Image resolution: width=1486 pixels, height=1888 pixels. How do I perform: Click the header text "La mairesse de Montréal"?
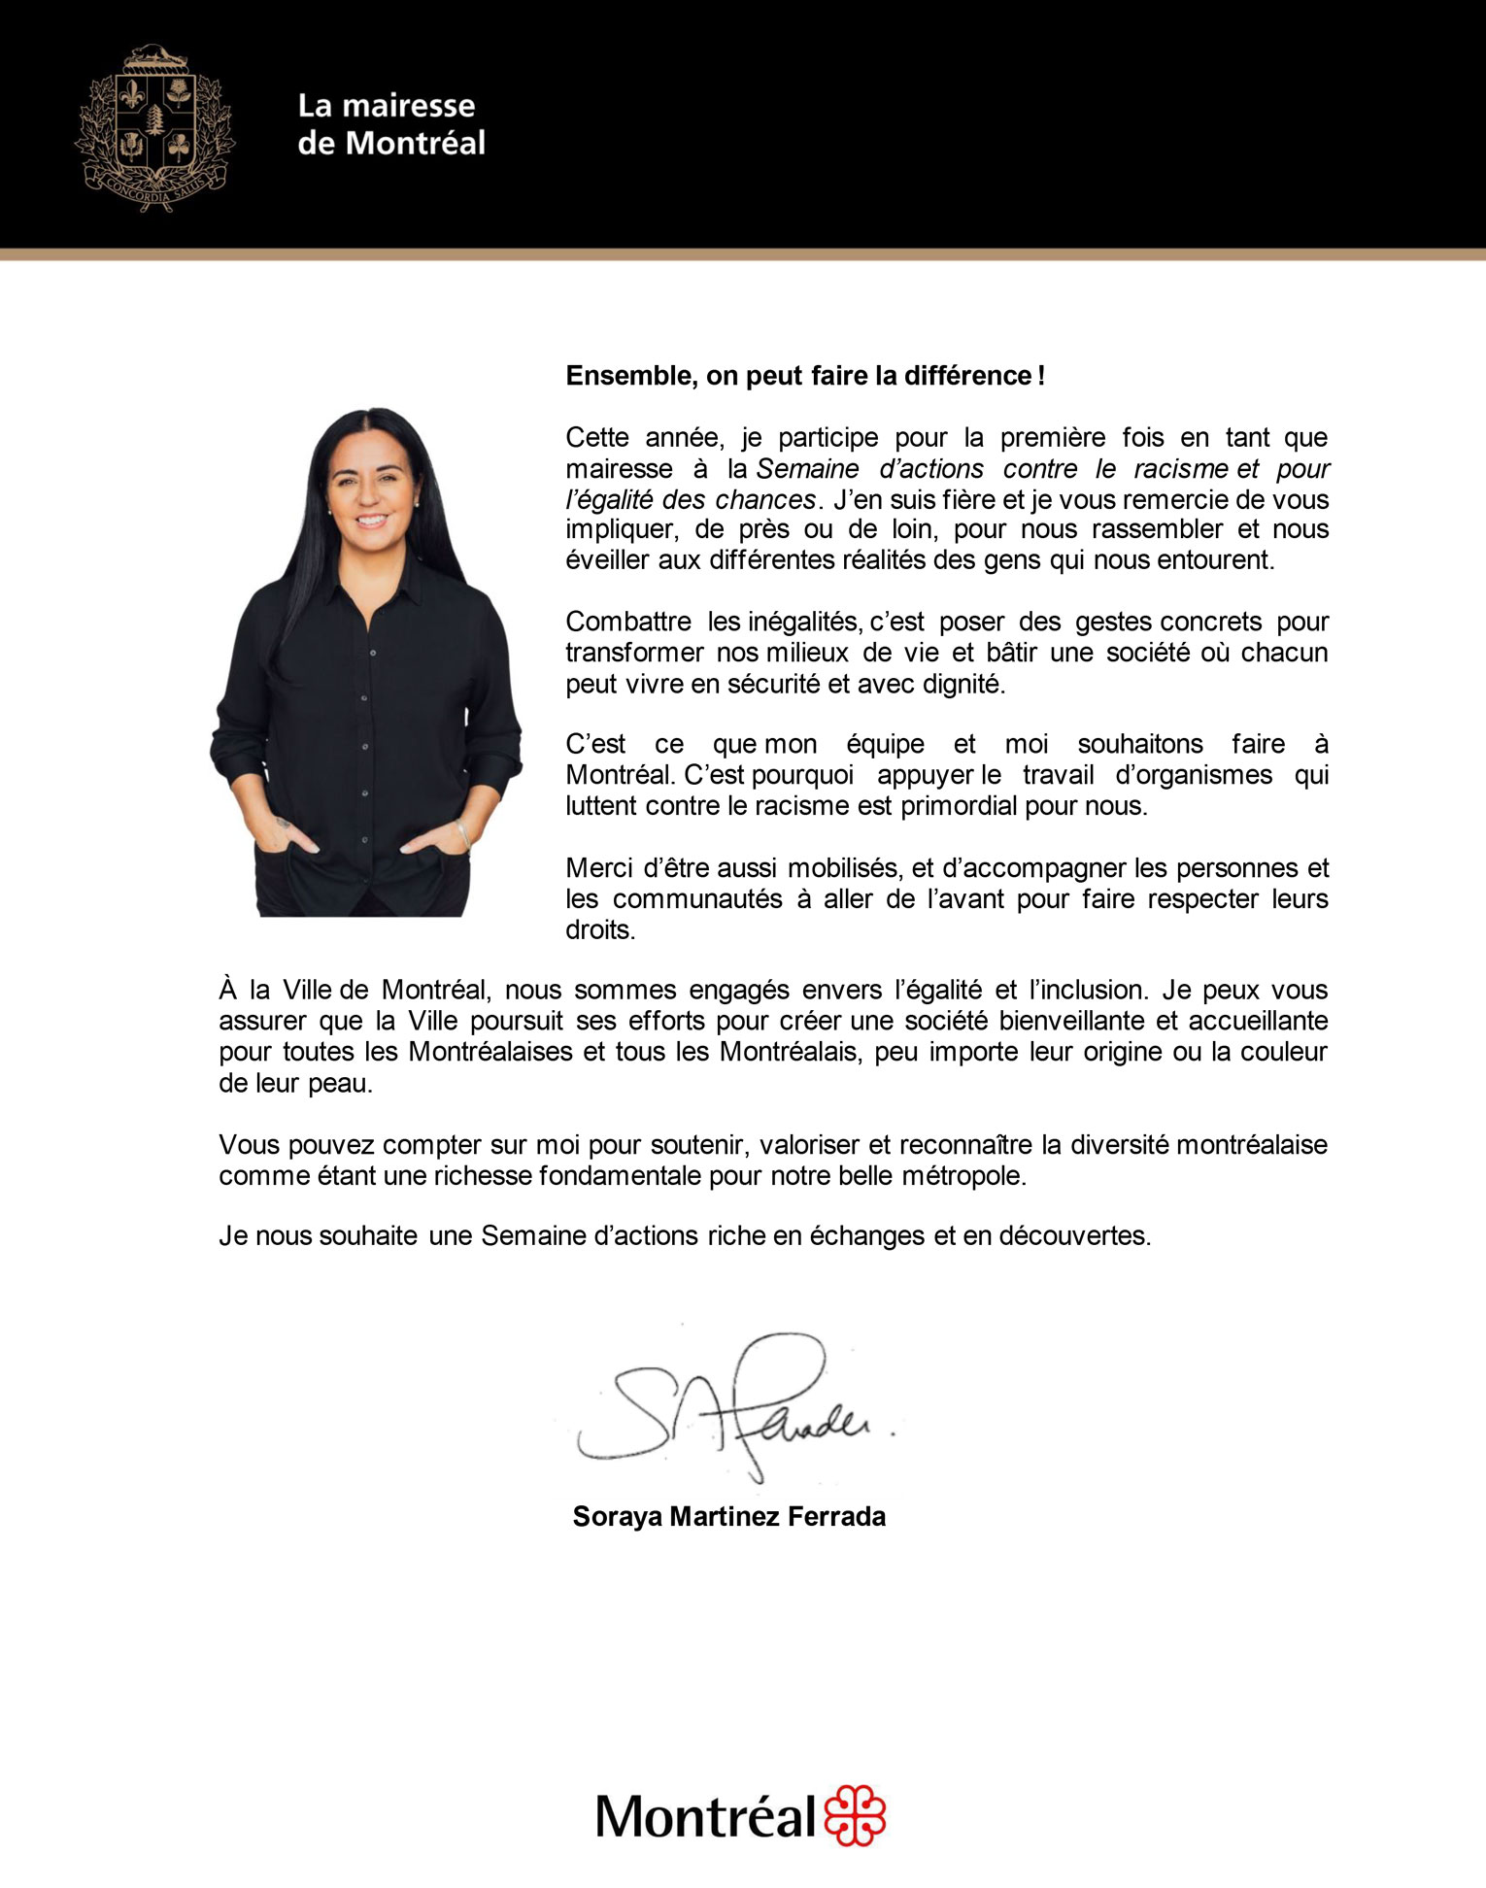coord(390,124)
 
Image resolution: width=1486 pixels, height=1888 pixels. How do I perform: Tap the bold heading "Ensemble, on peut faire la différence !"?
coord(805,376)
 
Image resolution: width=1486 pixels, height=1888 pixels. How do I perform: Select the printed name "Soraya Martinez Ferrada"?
coord(728,1516)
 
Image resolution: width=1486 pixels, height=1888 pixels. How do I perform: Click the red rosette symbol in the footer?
coord(855,1814)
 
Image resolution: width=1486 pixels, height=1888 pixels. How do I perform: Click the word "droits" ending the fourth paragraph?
coord(599,929)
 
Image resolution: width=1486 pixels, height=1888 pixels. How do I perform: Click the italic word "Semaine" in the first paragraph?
coord(807,469)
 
